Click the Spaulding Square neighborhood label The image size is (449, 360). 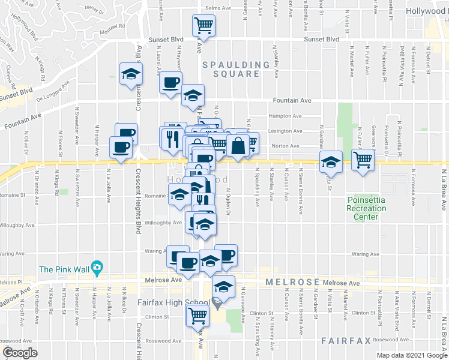(231, 69)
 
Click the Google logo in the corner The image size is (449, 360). (20, 352)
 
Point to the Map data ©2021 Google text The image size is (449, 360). (411, 355)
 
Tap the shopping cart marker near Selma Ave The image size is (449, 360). (203, 26)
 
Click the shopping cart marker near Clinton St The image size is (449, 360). (197, 314)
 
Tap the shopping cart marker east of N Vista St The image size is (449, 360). (363, 160)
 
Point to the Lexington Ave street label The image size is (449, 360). (286, 131)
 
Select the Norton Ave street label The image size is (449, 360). (286, 146)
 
